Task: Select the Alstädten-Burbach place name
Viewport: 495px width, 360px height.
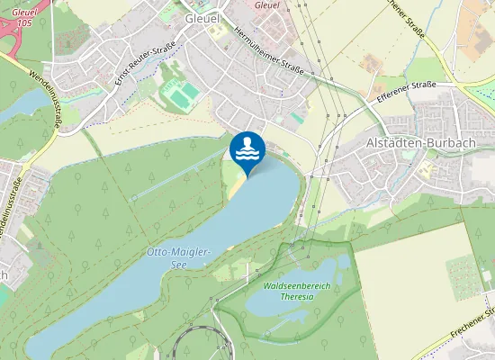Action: pos(412,142)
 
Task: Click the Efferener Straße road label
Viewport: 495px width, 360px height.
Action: pos(407,94)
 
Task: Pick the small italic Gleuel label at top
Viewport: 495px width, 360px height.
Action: pos(267,4)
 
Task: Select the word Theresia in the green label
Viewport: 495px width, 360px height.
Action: pos(297,296)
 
